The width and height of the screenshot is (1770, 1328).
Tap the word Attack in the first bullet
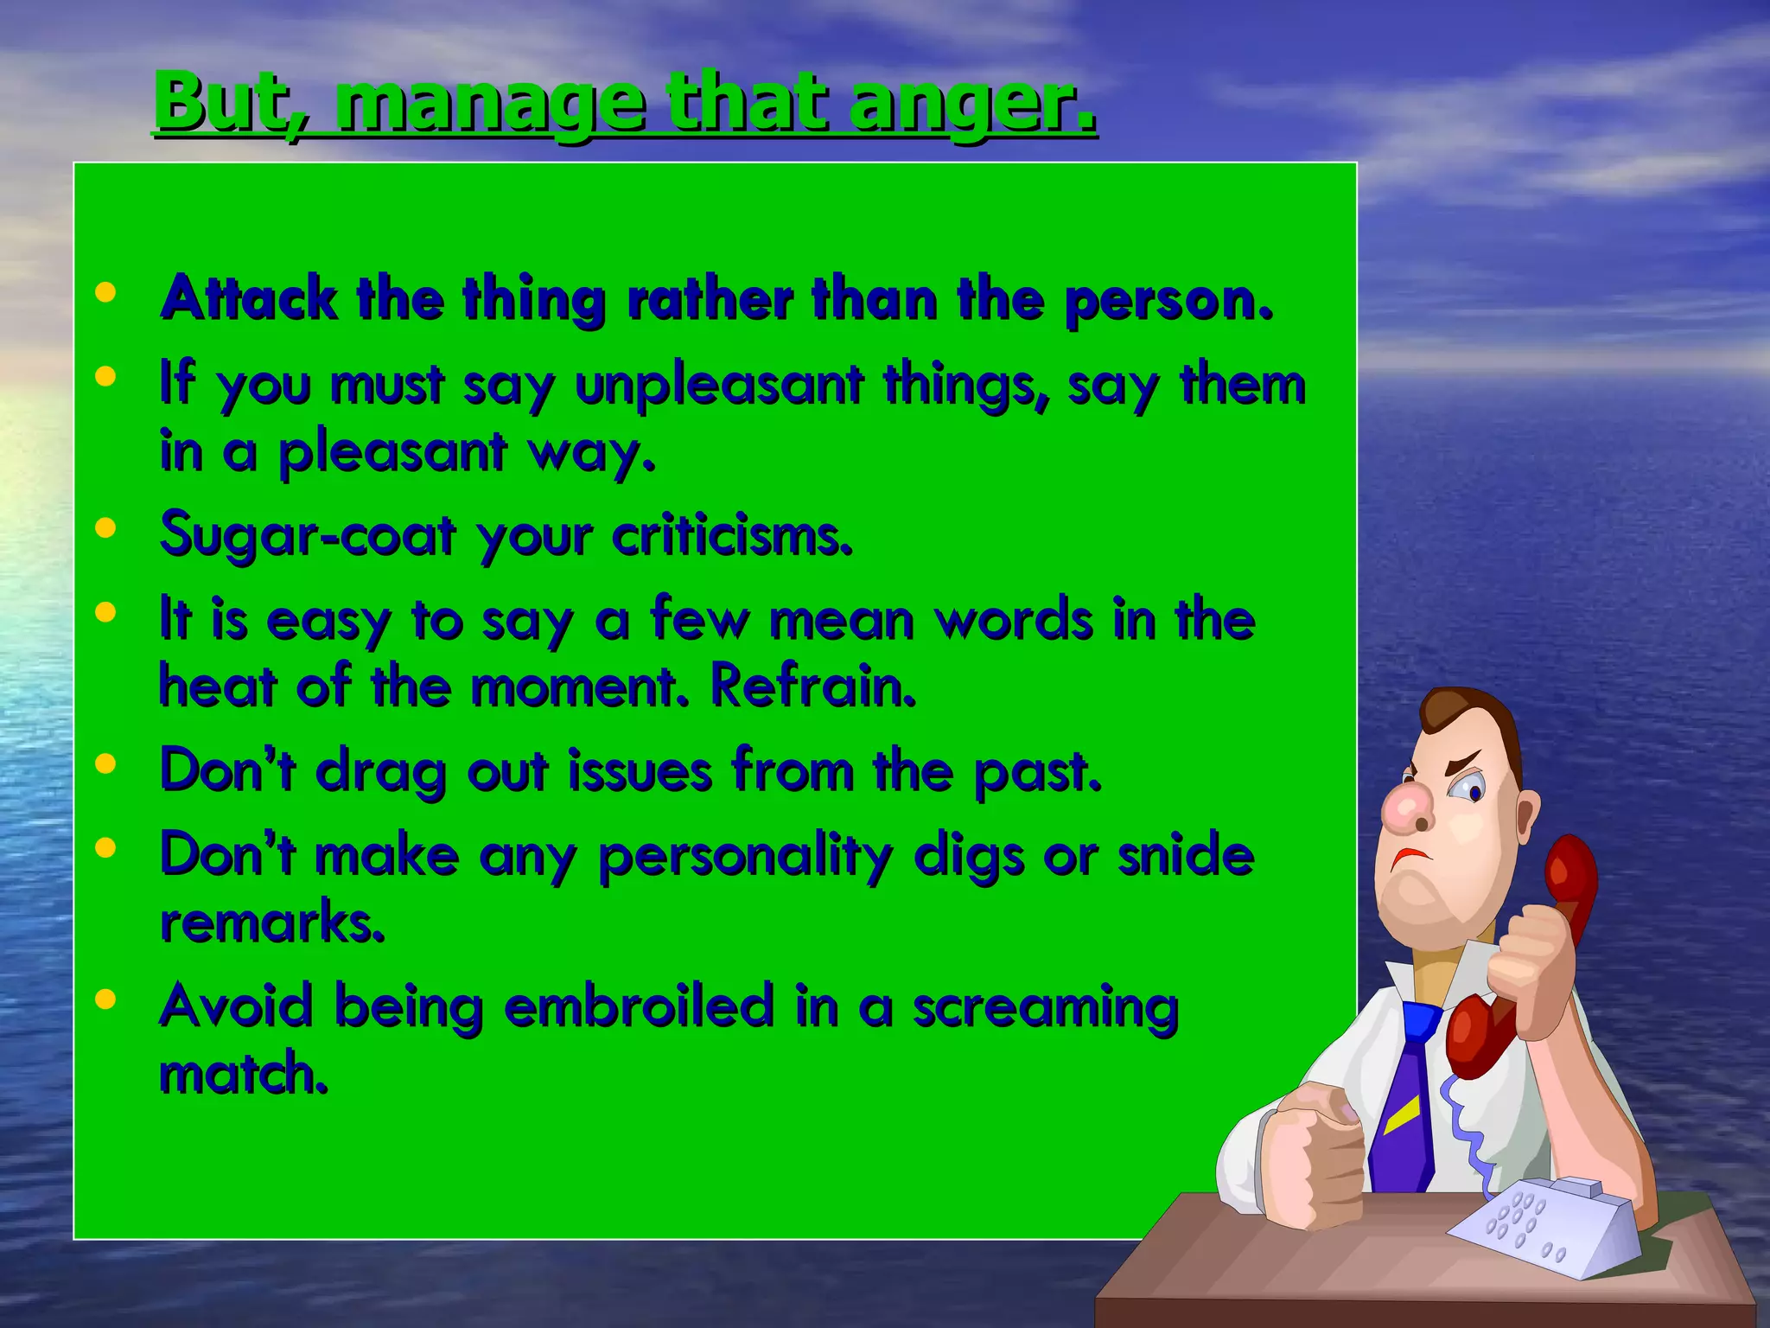click(249, 299)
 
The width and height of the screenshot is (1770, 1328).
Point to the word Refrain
click(812, 686)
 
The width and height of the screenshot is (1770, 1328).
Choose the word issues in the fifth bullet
click(640, 770)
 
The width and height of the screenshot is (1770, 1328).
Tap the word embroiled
click(639, 1006)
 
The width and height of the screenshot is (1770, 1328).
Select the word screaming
click(1046, 1008)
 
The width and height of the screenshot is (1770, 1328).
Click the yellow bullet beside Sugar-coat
click(105, 528)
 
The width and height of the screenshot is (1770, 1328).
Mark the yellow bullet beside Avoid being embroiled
click(105, 1000)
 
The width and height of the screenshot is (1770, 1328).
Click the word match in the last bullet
click(243, 1075)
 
